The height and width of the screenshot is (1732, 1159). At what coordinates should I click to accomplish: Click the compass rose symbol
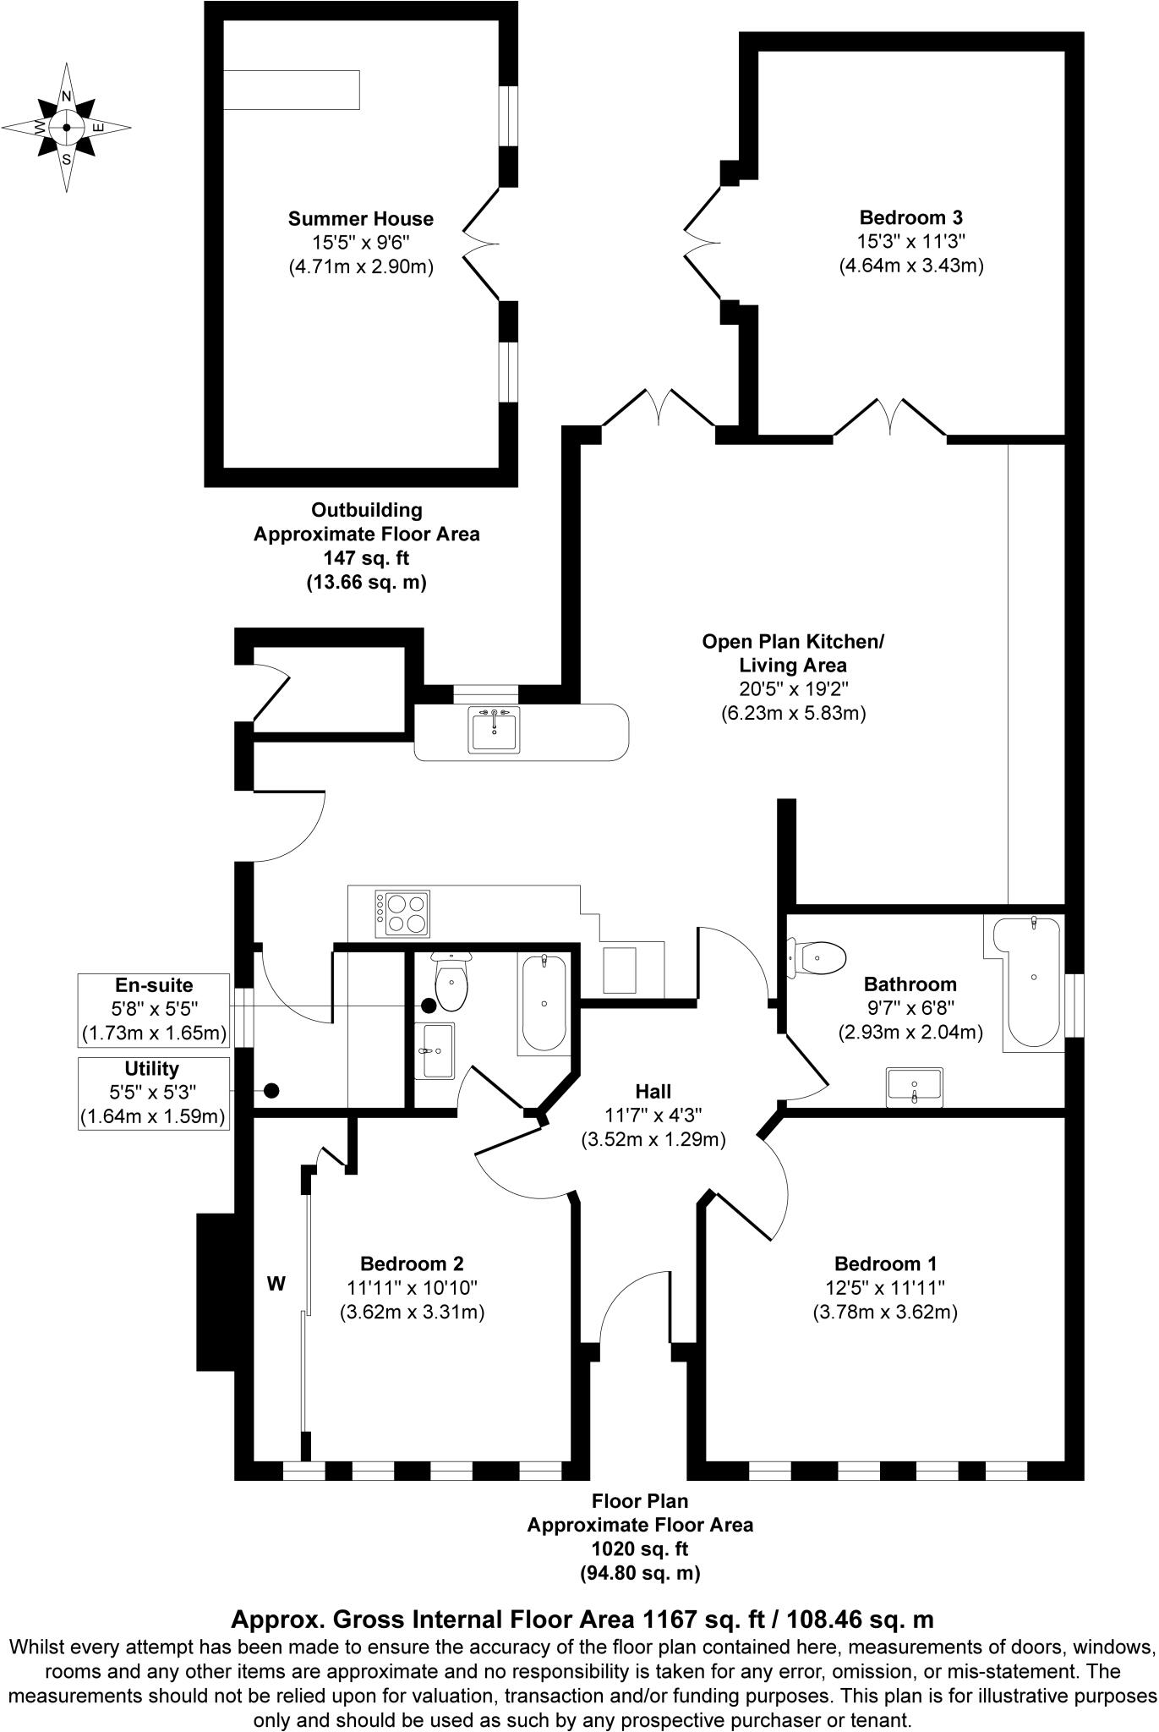coord(66,128)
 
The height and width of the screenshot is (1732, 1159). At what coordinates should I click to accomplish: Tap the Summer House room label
coord(361,219)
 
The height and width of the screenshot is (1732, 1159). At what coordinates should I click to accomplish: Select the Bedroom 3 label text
coord(910,217)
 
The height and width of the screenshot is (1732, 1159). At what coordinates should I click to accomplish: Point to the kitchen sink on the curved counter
coord(495,730)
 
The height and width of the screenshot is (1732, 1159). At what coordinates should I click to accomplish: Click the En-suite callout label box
coord(153,1009)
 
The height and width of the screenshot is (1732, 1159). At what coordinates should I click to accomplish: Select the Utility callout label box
coord(153,1093)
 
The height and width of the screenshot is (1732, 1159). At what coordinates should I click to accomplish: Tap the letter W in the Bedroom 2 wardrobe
coord(276,1284)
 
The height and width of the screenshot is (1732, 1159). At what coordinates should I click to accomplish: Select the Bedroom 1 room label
coord(885,1264)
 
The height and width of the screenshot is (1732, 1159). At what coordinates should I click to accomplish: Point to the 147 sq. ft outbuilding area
coord(366,558)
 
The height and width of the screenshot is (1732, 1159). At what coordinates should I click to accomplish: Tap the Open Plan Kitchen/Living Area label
coord(792,653)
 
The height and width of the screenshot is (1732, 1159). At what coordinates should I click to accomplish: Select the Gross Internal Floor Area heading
coord(582,1619)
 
